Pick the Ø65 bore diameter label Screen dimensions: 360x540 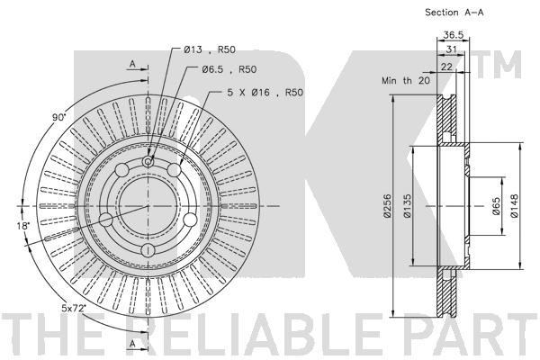coord(495,209)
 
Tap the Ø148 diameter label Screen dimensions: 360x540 coord(515,209)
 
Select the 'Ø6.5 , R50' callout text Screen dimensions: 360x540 coord(229,69)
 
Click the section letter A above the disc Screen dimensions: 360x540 coord(132,64)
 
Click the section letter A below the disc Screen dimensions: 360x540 coord(132,345)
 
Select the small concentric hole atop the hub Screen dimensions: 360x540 coord(147,162)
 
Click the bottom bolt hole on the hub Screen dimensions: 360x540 coord(147,248)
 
